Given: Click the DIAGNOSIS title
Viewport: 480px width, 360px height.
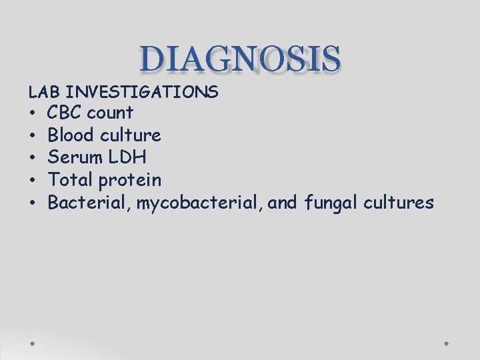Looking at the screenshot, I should [241, 59].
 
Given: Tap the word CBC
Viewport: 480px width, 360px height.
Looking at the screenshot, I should [67, 113].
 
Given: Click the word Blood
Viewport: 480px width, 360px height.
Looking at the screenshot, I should [71, 135].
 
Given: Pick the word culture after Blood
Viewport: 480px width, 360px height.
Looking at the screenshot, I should [131, 135].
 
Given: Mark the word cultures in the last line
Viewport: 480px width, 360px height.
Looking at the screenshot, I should [399, 202].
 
